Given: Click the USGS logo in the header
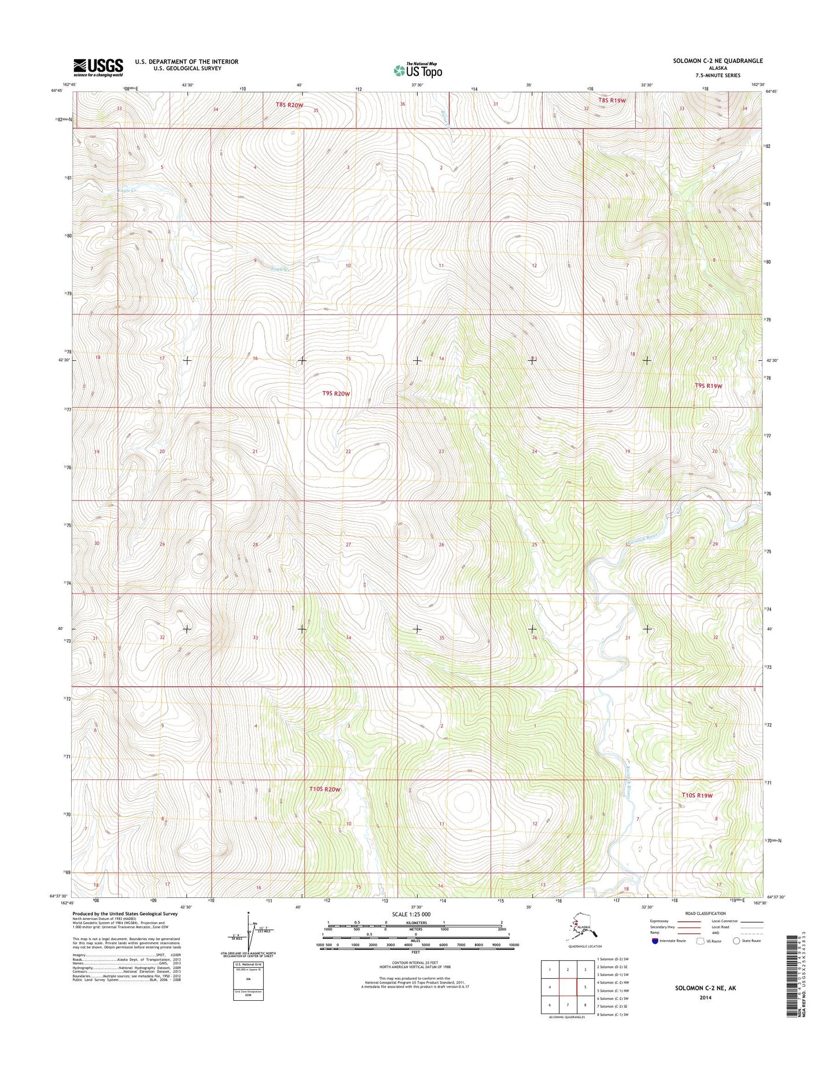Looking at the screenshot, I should coord(98,67).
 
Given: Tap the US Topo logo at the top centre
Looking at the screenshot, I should coord(418,70).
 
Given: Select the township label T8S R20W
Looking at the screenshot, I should coord(290,105).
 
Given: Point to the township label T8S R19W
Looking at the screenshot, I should coord(613,101).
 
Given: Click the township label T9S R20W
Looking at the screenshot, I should coord(336,394).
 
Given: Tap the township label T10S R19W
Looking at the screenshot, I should coord(697,796).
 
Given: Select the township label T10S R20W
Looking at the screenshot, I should coord(325,789).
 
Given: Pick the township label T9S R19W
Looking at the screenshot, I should coord(708,386).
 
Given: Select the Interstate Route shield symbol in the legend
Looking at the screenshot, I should coord(655,941).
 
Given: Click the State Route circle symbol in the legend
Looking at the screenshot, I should coord(736,941).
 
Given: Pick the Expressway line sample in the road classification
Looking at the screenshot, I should coord(688,922).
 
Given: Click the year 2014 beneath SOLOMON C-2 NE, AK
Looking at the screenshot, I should coord(705,997).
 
